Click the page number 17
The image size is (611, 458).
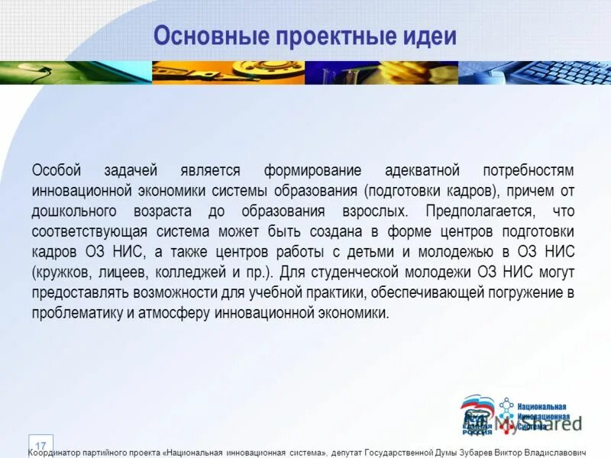tap(40, 445)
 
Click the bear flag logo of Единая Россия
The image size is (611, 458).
tap(477, 414)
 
